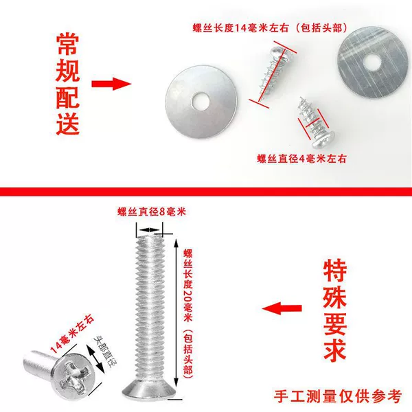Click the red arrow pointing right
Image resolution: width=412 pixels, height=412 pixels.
tap(111, 84)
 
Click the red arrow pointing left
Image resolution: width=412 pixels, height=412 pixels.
tap(282, 308)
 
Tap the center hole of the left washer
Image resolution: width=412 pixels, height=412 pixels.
tap(201, 102)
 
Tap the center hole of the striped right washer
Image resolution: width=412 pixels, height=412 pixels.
tap(372, 62)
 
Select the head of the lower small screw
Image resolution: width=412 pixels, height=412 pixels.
tap(323, 139)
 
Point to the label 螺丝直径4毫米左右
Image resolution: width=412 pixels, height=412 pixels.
tap(301, 159)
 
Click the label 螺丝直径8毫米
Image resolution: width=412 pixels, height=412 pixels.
tap(152, 211)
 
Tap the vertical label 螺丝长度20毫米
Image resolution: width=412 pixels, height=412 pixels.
tap(188, 286)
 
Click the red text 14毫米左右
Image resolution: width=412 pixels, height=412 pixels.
tap(72, 334)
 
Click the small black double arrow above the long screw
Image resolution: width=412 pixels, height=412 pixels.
tap(149, 230)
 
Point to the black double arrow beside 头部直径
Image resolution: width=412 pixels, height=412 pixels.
tap(95, 359)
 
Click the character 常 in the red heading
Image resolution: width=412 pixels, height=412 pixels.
tap(67, 44)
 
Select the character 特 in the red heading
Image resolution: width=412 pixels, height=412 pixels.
tap(335, 271)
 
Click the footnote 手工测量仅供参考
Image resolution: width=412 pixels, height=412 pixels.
tap(337, 396)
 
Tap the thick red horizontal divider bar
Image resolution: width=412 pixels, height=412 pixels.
tap(206, 192)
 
